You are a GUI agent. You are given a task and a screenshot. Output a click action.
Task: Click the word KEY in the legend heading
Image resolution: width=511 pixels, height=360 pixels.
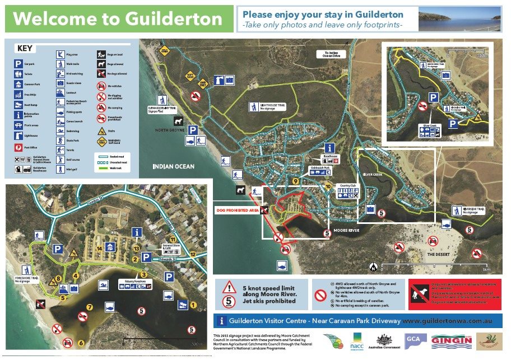tap(25, 49)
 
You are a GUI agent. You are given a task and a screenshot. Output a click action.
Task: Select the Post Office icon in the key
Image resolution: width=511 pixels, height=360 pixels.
tap(19, 148)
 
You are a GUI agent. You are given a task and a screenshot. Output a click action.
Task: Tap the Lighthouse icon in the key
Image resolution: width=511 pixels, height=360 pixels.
tap(19, 135)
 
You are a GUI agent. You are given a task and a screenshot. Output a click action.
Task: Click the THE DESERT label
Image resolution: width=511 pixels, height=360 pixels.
tap(439, 254)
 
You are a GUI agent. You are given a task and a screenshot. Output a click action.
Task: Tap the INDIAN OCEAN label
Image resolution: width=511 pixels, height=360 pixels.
tap(174, 167)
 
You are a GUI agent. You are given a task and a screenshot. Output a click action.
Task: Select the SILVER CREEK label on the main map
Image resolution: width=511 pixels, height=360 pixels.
tap(374, 175)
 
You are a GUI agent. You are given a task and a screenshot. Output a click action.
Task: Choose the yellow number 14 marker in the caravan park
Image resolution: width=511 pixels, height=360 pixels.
tap(99, 247)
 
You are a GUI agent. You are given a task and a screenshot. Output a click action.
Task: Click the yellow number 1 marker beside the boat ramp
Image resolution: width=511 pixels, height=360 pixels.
tap(194, 305)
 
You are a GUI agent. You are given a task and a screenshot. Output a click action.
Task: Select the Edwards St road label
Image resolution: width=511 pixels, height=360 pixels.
tap(166, 259)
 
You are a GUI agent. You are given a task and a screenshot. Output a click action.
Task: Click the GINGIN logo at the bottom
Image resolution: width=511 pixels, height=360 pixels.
tap(450, 342)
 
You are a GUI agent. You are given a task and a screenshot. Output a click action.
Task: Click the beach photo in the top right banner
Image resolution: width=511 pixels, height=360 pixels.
tap(459, 19)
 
